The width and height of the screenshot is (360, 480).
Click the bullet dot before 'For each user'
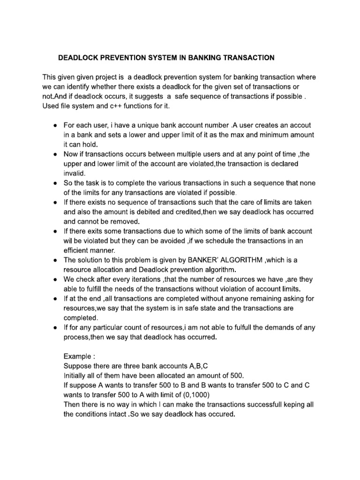(x=55, y=126)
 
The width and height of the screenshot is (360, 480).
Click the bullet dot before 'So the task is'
(x=55, y=183)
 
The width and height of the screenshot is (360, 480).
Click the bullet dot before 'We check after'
(x=55, y=279)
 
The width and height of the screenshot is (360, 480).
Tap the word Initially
(x=75, y=375)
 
